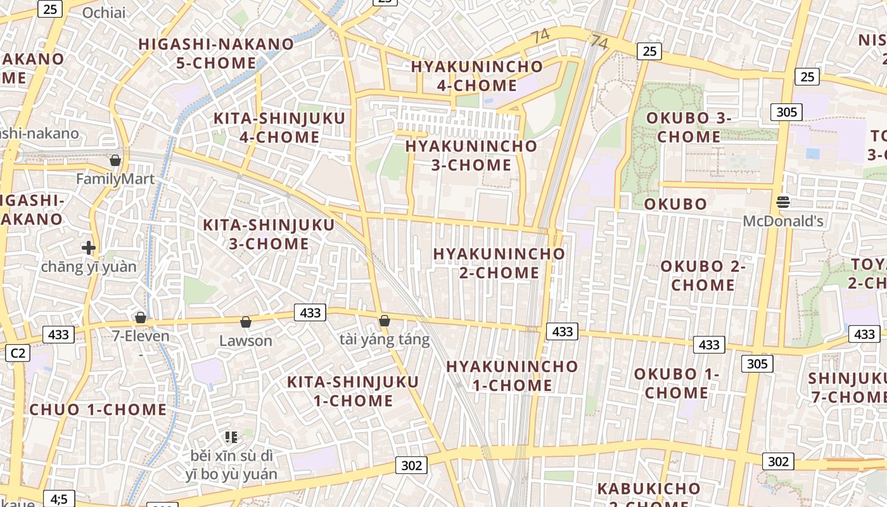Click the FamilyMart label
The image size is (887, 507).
pyautogui.click(x=115, y=179)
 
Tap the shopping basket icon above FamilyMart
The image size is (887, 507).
pyautogui.click(x=115, y=160)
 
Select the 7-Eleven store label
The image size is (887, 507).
pyautogui.click(x=141, y=336)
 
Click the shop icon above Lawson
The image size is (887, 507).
pyautogui.click(x=246, y=323)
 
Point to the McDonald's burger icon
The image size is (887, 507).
pyautogui.click(x=783, y=202)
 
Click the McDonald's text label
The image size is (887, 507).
pyautogui.click(x=783, y=221)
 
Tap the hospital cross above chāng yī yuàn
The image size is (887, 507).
pyautogui.click(x=89, y=247)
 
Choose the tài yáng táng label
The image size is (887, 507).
pyautogui.click(x=385, y=340)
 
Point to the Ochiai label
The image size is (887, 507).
pyautogui.click(x=104, y=13)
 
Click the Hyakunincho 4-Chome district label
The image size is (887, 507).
pyautogui.click(x=477, y=75)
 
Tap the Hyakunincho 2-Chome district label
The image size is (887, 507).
pyautogui.click(x=499, y=263)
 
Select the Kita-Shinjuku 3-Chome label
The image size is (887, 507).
pyautogui.click(x=269, y=234)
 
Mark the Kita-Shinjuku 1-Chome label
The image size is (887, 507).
pyautogui.click(x=353, y=391)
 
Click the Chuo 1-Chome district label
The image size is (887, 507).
pyautogui.click(x=98, y=409)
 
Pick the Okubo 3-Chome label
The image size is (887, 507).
pyautogui.click(x=689, y=127)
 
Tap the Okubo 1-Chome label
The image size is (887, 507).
pyautogui.click(x=677, y=383)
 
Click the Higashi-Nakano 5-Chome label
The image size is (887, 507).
pyautogui.click(x=217, y=53)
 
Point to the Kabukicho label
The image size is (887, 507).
pyautogui.click(x=649, y=489)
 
